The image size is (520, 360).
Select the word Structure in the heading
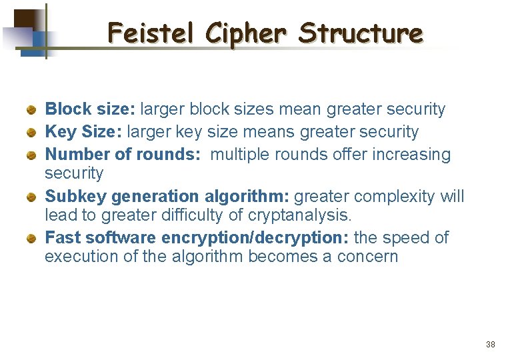click(x=360, y=32)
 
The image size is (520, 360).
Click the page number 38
click(x=491, y=345)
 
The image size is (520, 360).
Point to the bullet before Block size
click(x=31, y=109)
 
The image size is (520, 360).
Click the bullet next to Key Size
click(x=31, y=132)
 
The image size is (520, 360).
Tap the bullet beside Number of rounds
click(x=31, y=155)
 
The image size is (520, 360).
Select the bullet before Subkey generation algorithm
click(x=31, y=197)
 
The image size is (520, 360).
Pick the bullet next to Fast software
click(x=31, y=238)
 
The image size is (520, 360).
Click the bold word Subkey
click(x=75, y=197)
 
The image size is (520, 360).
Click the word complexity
click(x=391, y=197)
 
